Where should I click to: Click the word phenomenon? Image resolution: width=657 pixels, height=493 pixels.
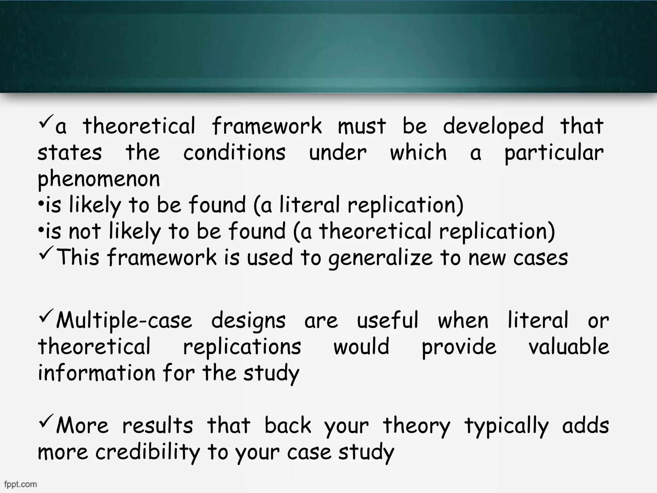99,179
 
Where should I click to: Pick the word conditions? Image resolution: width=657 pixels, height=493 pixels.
234,152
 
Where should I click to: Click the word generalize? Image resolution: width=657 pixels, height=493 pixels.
380,258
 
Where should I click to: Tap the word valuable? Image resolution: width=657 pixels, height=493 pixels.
569,347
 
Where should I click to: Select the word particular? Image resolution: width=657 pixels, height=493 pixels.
554,153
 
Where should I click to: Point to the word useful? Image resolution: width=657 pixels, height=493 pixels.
388,320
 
